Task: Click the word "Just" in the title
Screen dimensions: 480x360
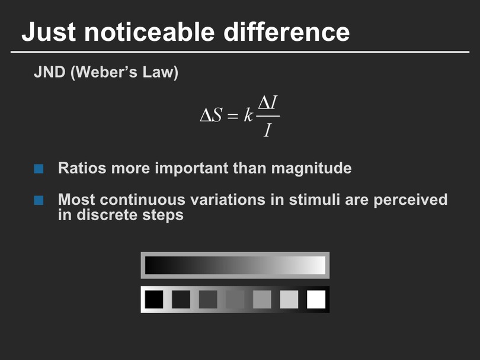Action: (x=49, y=32)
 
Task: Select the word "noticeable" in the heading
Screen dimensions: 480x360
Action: (x=149, y=32)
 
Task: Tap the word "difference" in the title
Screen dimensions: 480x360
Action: (x=287, y=32)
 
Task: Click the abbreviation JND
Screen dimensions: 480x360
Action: (x=50, y=72)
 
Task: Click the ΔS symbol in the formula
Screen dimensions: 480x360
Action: (x=211, y=115)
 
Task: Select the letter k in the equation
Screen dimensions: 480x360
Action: (x=248, y=115)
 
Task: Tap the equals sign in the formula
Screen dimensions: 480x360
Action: (x=232, y=116)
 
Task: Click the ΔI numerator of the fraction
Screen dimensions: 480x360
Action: (x=267, y=102)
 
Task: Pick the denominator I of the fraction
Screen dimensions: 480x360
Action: (x=267, y=130)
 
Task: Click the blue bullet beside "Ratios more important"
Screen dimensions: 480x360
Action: (x=39, y=169)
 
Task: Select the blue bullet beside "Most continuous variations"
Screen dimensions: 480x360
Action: (x=39, y=200)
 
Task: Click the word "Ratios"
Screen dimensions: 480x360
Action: (x=82, y=168)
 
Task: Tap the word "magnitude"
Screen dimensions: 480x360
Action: (x=311, y=169)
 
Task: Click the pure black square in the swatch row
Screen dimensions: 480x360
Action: (x=154, y=300)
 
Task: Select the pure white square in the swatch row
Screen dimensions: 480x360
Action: (x=316, y=300)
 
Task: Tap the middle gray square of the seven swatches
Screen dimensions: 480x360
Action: (x=235, y=300)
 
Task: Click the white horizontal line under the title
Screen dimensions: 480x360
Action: (x=240, y=52)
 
